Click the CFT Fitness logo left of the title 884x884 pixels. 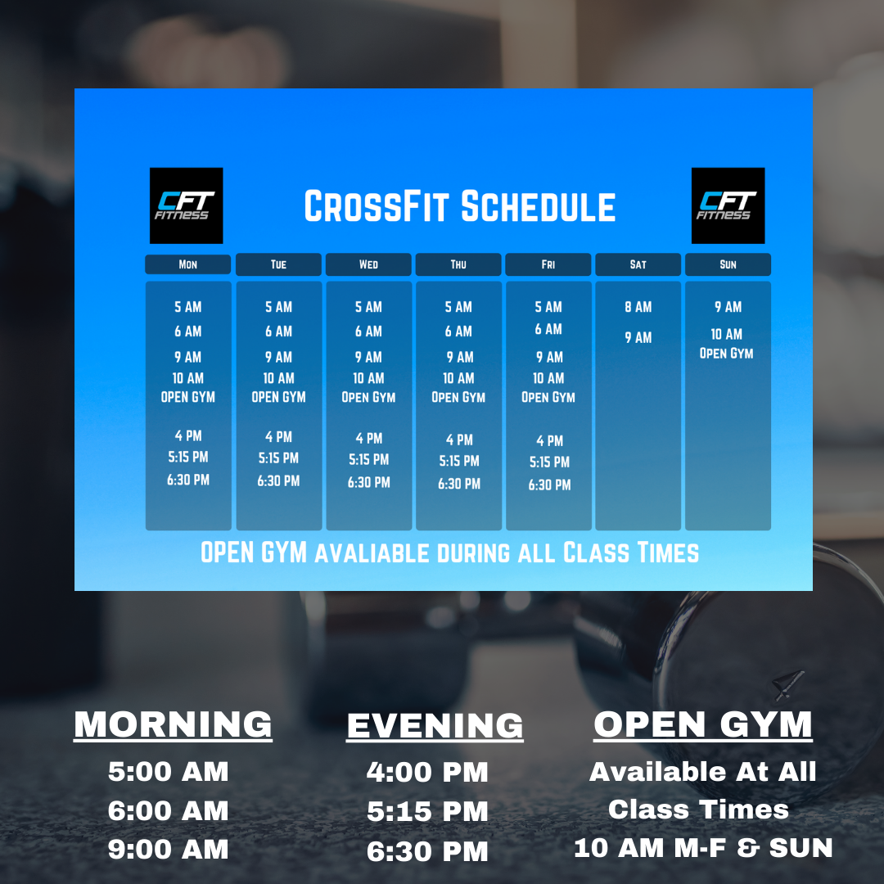(x=186, y=205)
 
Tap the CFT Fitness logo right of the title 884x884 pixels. (x=728, y=205)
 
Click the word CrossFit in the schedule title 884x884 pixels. (x=377, y=206)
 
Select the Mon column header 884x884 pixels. (x=187, y=264)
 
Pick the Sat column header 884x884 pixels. (x=638, y=264)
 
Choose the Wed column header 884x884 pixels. (x=368, y=264)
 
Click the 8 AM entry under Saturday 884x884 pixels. (x=638, y=307)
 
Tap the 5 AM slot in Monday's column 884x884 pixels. (x=187, y=307)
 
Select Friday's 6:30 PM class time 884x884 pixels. (x=549, y=485)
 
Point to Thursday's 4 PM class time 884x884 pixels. (x=459, y=440)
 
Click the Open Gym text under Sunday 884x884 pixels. (x=726, y=354)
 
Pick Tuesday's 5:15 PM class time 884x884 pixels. (x=278, y=458)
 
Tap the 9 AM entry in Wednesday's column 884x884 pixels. (x=368, y=358)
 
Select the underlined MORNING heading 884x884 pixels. (x=173, y=725)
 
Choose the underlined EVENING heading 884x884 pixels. (x=435, y=726)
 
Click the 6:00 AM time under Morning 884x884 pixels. (x=168, y=811)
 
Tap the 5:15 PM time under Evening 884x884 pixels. (x=427, y=812)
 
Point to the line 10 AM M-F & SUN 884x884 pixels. (x=703, y=848)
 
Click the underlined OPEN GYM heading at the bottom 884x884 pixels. (x=703, y=724)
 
